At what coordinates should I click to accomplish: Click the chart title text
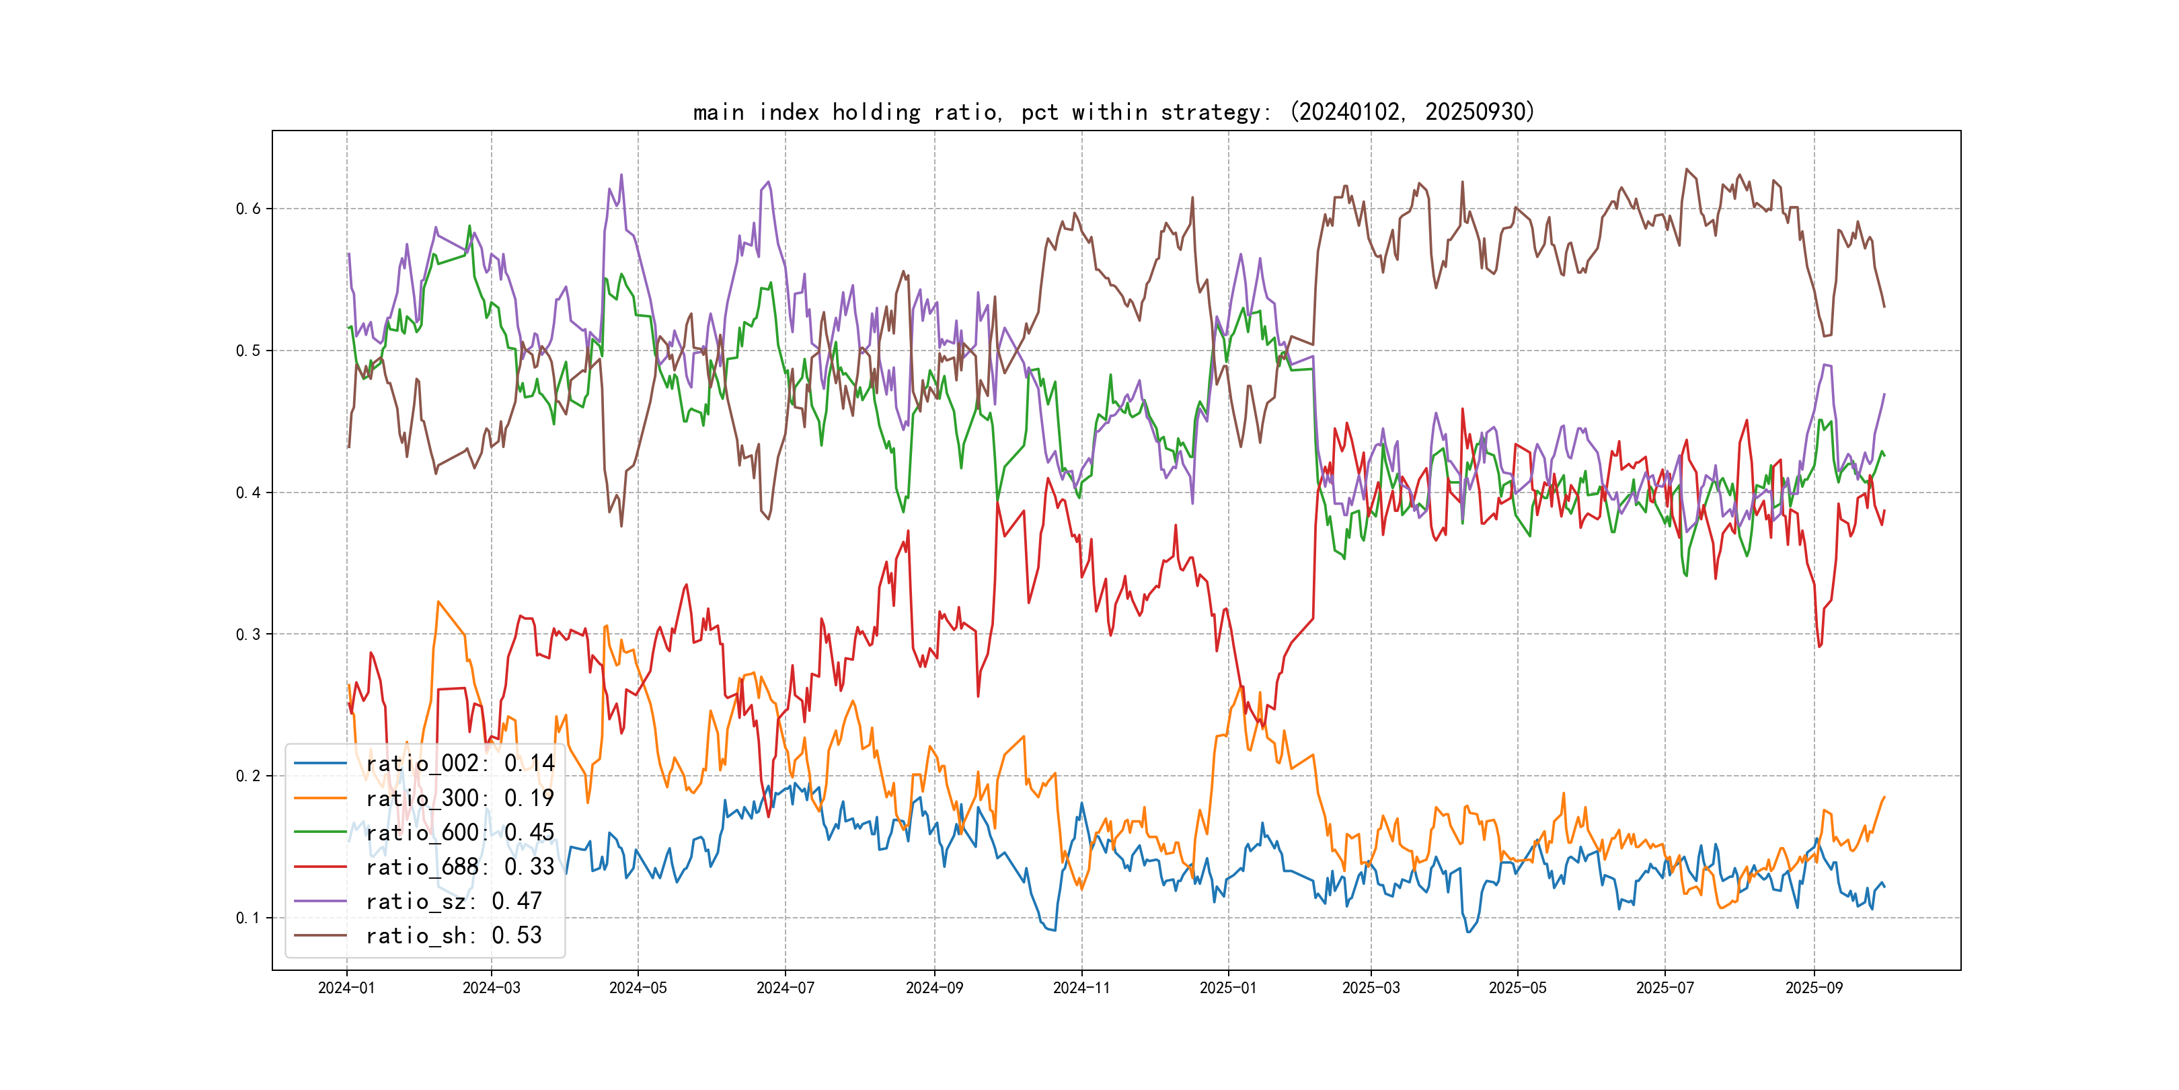point(1113,112)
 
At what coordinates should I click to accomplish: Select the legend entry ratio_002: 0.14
point(459,764)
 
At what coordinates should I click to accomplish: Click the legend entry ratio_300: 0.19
point(459,798)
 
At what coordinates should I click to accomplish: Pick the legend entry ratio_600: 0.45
point(459,833)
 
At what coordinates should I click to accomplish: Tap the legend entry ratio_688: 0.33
point(459,867)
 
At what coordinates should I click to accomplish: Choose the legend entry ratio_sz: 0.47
point(453,902)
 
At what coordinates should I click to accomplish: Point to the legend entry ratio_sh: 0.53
point(453,936)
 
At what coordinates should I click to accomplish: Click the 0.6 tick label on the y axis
point(248,209)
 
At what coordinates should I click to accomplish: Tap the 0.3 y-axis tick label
point(248,634)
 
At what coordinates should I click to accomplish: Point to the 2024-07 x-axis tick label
point(785,988)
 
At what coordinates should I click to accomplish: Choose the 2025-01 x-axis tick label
point(1228,988)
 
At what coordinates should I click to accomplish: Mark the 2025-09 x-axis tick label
point(1814,988)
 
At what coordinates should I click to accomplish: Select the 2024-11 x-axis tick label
point(1081,988)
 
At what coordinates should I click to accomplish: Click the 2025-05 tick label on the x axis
point(1517,988)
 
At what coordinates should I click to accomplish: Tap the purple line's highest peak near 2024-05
point(621,175)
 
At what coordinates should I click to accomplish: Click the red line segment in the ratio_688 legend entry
point(319,867)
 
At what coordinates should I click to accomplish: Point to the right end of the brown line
point(1884,306)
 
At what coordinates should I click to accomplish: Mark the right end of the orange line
point(1884,797)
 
